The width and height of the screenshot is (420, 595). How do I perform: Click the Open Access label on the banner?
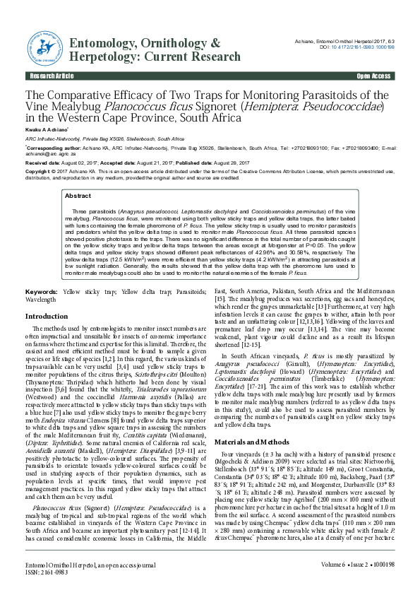pyautogui.click(x=373, y=75)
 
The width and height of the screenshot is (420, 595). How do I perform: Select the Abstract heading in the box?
pyautogui.click(x=77, y=196)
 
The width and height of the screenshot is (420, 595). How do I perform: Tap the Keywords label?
pyautogui.click(x=42, y=290)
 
